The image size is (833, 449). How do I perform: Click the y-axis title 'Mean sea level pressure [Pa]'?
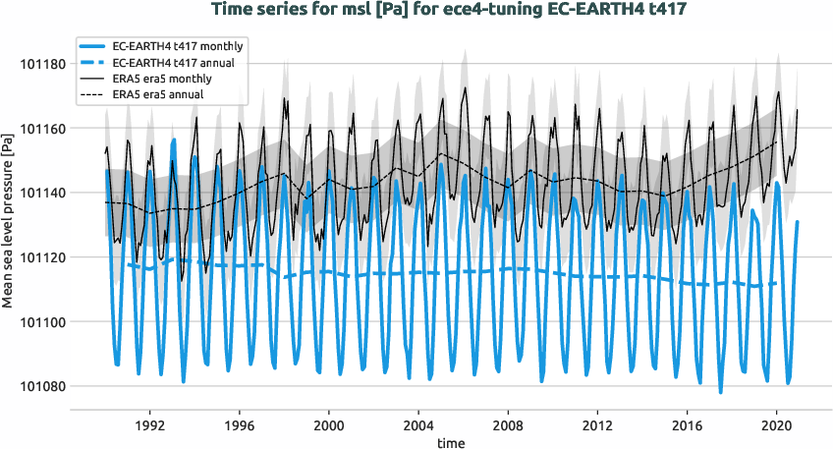(x=9, y=224)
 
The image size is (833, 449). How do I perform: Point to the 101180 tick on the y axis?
(x=41, y=64)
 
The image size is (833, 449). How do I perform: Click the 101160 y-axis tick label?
(x=41, y=129)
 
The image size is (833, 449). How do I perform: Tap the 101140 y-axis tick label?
(x=41, y=193)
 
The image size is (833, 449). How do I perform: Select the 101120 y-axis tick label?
(x=41, y=257)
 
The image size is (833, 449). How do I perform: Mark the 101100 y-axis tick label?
(x=41, y=322)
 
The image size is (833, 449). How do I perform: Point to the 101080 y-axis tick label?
(x=41, y=386)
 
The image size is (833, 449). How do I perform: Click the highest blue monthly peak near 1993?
(x=174, y=140)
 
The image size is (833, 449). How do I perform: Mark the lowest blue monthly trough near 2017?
(x=720, y=392)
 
